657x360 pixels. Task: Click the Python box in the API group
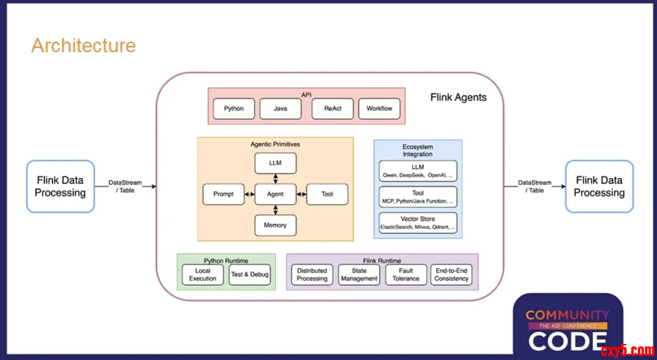(x=234, y=109)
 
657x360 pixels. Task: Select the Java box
(x=280, y=109)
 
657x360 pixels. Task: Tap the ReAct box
(x=333, y=109)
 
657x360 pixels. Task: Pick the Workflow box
(x=379, y=109)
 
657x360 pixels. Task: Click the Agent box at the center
(x=275, y=194)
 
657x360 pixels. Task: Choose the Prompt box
(x=223, y=194)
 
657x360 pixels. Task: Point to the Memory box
(x=275, y=225)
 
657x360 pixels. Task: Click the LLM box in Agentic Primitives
(x=275, y=163)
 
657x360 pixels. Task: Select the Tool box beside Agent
(x=327, y=194)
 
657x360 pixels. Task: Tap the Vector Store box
(x=418, y=223)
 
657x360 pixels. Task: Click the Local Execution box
(x=202, y=275)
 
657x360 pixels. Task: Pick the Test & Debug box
(x=250, y=275)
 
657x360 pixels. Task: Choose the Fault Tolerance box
(x=406, y=275)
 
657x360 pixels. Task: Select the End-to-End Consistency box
(x=451, y=275)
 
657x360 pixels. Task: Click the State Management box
(x=359, y=275)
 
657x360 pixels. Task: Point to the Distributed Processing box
(x=312, y=275)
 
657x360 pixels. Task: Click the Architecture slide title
(x=84, y=46)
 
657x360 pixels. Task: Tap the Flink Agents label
(x=458, y=98)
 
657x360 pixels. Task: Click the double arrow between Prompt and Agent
(x=249, y=194)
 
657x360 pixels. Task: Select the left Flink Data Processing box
(x=60, y=186)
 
